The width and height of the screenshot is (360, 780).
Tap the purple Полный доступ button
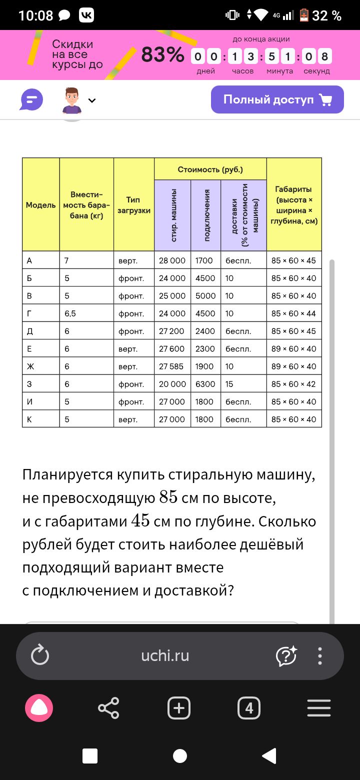tap(277, 99)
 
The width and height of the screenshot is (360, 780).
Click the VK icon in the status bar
tap(86, 15)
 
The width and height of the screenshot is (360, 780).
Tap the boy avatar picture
tap(72, 100)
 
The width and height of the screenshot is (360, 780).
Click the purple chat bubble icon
tap(31, 100)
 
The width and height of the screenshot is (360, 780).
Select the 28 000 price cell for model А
tap(172, 260)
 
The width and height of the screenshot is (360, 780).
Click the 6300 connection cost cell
tap(205, 384)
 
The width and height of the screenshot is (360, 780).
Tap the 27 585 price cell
tap(171, 366)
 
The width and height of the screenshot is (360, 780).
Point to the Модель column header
tap(40, 205)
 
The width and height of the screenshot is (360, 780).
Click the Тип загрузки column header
tap(133, 205)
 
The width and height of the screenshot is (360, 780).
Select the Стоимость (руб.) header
tap(210, 169)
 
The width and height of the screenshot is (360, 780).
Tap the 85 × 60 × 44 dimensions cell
tap(293, 313)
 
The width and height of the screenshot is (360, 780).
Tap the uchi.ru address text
tap(165, 656)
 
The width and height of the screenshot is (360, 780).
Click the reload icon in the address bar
tap(40, 656)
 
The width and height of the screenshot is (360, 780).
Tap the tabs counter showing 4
tap(249, 708)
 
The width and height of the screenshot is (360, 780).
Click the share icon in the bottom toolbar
tap(108, 708)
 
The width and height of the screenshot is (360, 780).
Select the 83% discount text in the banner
tap(162, 54)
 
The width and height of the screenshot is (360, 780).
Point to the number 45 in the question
tap(140, 520)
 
